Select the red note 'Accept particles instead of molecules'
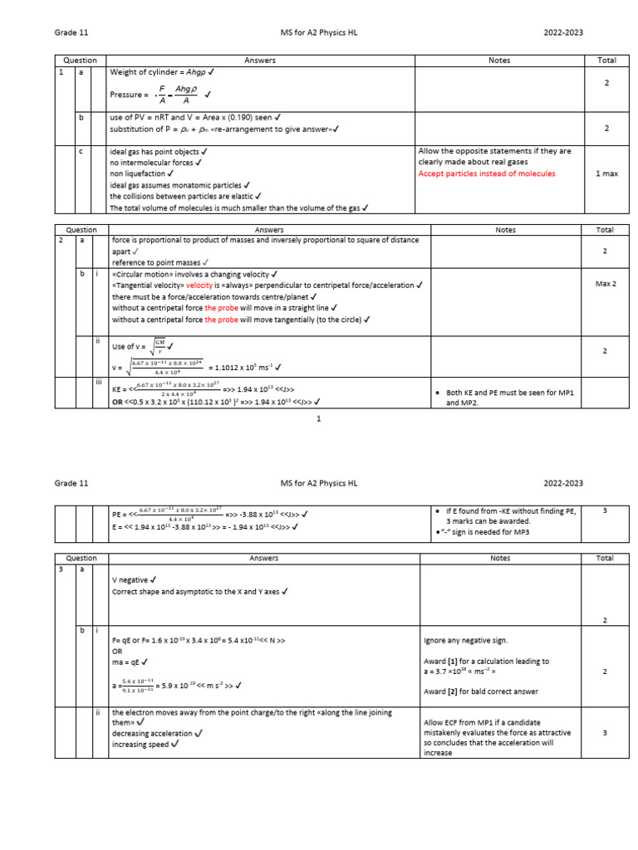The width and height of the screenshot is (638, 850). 486,173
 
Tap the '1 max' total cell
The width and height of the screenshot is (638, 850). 606,173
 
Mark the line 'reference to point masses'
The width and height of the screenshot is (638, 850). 162,261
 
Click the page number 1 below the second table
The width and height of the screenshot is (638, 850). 319,419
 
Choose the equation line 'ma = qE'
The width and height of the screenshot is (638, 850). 129,662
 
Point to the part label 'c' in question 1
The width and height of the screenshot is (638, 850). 81,151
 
